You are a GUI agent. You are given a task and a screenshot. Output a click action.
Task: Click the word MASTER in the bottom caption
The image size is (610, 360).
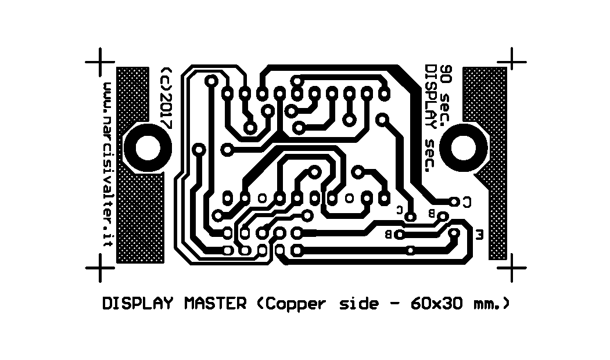coord(215,304)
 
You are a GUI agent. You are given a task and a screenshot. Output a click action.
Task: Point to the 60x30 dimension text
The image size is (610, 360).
coord(436,304)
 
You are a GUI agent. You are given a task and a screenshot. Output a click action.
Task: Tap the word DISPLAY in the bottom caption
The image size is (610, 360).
coord(137,304)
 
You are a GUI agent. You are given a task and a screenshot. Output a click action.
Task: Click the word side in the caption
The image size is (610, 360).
coord(358,304)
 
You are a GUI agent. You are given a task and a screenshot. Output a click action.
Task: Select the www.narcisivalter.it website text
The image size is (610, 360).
coord(107,164)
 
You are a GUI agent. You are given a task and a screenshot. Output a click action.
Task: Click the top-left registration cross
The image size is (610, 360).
coord(100,62)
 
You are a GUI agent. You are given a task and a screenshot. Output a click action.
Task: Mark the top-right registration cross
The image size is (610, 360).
coord(512,62)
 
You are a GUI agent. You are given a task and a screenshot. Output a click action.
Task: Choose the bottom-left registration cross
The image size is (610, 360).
coord(100,268)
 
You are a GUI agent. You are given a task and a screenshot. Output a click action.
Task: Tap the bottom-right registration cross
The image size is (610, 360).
coord(512,268)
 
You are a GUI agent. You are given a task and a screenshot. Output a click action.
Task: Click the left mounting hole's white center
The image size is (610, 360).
coord(148,148)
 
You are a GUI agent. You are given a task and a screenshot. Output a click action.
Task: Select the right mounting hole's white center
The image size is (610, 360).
coord(463,148)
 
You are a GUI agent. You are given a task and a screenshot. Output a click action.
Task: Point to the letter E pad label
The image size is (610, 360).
coord(479,235)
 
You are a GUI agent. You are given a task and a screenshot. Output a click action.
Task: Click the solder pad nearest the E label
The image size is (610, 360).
coord(454,233)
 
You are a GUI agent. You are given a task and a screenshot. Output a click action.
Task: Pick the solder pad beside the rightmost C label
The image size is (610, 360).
coord(454,201)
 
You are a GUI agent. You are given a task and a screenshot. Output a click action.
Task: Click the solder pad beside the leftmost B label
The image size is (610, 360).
coord(400,235)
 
